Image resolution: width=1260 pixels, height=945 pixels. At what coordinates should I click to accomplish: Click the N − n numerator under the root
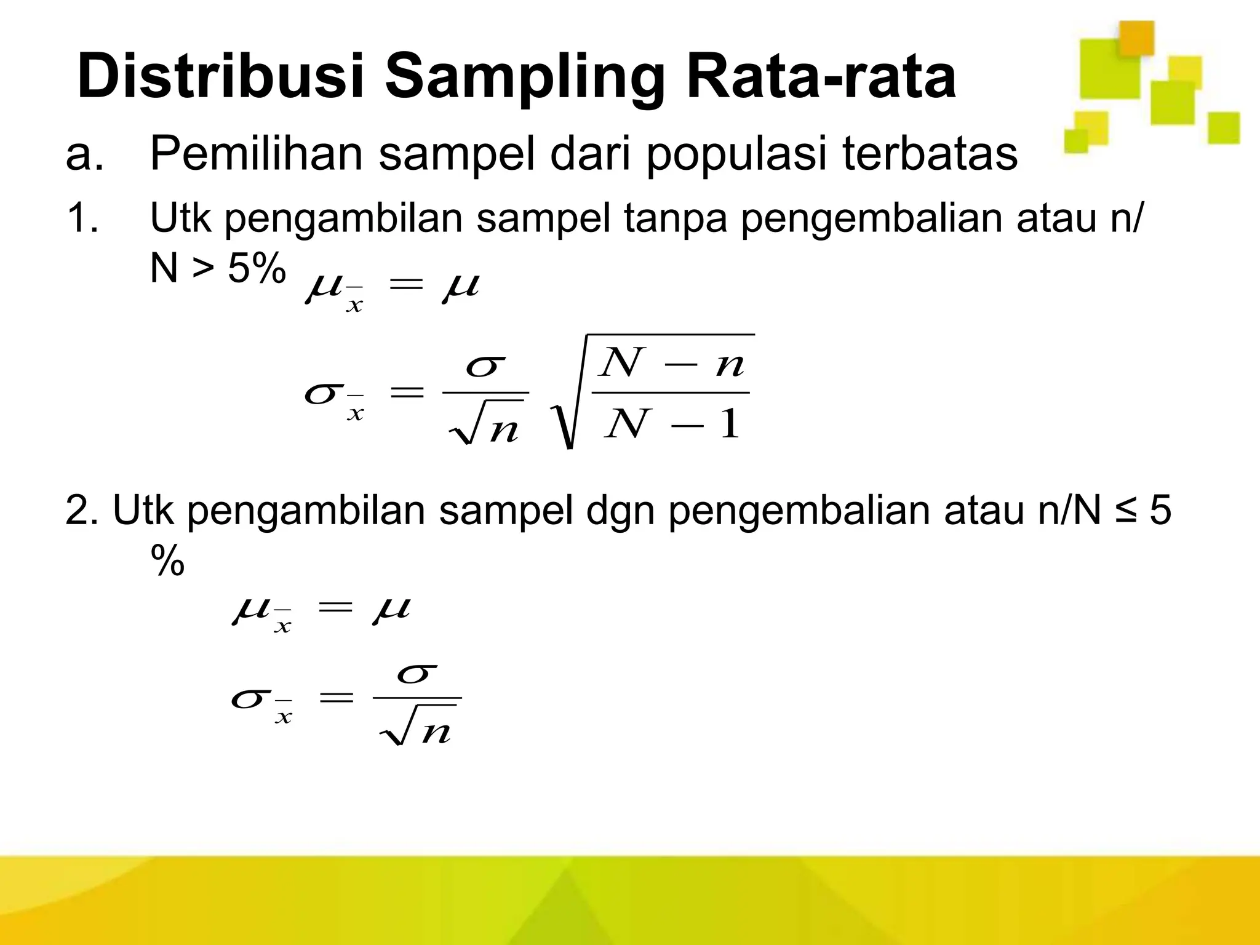(673, 363)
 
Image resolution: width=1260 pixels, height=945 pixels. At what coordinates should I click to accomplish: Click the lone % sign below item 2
(167, 560)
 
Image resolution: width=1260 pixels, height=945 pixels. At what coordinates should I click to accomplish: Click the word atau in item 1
(1051, 218)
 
